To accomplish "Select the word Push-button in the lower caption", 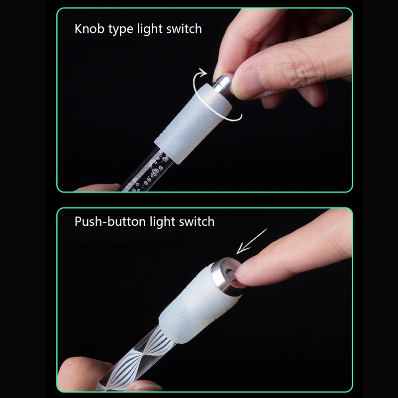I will [110, 221].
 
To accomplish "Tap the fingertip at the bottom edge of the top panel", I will [97, 188].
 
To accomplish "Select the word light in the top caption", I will [151, 29].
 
